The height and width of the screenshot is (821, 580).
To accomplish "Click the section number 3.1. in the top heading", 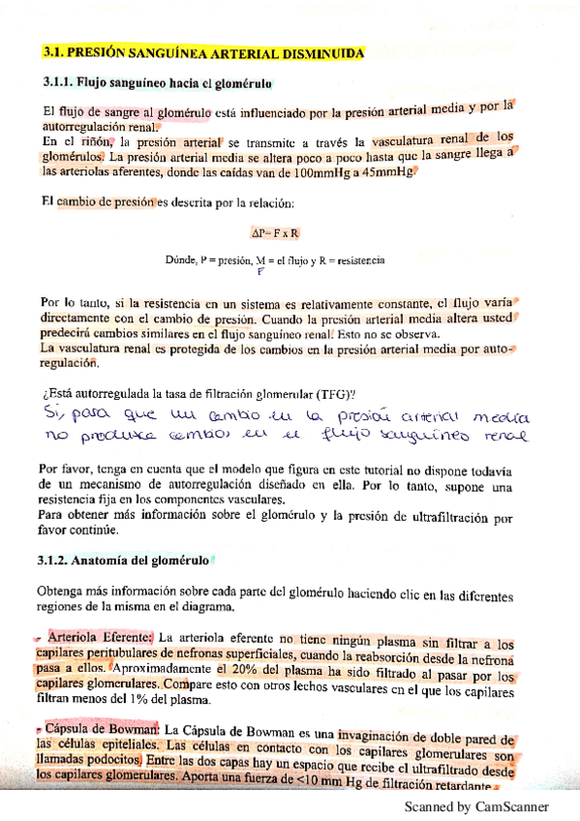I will [59, 52].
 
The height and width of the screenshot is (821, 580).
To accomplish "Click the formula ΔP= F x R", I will [274, 232].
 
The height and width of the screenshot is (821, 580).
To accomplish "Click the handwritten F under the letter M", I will [260, 272].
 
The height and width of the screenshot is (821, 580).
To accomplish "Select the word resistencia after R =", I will [362, 261].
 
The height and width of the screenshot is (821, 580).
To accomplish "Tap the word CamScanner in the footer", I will [512, 806].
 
